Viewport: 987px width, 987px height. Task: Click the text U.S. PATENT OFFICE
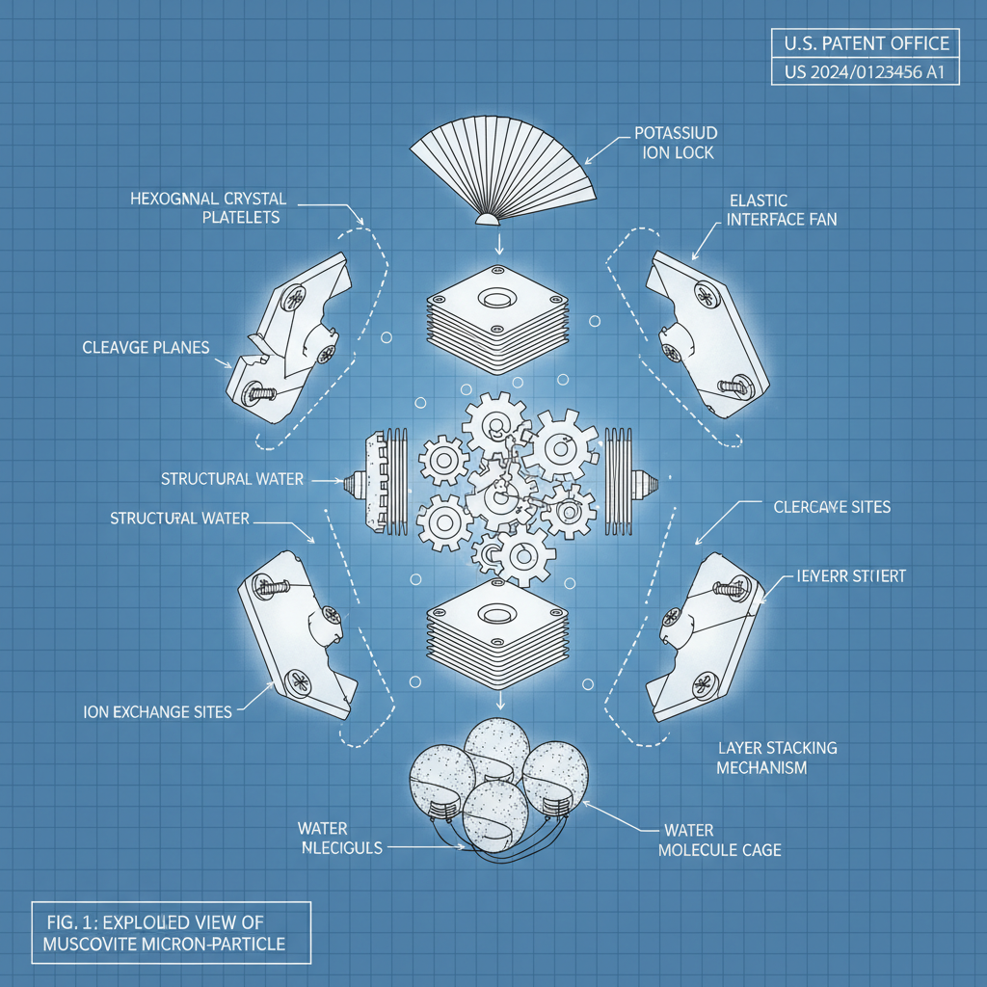tap(867, 43)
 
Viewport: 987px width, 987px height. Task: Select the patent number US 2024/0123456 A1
tap(867, 72)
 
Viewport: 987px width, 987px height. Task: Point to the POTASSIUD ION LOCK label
tap(676, 143)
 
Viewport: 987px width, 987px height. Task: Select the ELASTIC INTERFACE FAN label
tap(781, 209)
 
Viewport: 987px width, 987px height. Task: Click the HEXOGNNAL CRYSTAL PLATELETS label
tap(208, 207)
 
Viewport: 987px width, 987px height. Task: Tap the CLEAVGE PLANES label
tap(146, 347)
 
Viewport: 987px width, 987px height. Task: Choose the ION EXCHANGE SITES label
tap(158, 712)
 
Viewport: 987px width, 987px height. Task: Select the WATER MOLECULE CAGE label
tap(719, 840)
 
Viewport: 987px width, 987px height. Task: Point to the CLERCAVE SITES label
tap(832, 506)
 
